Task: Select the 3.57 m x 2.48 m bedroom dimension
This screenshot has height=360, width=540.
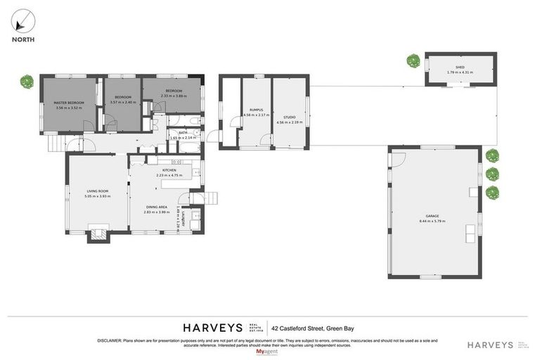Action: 122,102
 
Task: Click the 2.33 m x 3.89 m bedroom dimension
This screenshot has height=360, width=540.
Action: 174,96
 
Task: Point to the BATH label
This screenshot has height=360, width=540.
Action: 182,132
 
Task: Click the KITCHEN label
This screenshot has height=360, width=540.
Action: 169,170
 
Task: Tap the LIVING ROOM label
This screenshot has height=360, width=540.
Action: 97,191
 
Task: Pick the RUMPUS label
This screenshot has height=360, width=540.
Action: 256,110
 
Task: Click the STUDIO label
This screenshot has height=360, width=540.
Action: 289,117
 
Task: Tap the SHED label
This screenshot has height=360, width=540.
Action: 460,67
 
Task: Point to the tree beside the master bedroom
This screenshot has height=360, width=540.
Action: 27,82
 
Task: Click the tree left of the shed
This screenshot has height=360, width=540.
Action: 413,61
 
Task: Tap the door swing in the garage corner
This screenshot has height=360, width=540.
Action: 398,159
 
